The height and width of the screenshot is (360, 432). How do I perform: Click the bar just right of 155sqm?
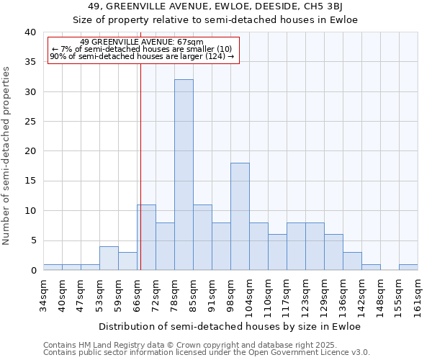(408, 267)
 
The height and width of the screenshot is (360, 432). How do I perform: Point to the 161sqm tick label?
(418, 294)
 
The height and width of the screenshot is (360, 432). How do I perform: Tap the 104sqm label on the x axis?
(250, 294)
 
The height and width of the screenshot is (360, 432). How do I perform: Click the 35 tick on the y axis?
(30, 62)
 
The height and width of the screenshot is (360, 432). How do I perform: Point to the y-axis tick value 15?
(30, 181)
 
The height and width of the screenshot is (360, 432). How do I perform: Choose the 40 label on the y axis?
(30, 32)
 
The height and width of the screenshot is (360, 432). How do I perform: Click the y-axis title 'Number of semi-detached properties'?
(7, 156)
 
